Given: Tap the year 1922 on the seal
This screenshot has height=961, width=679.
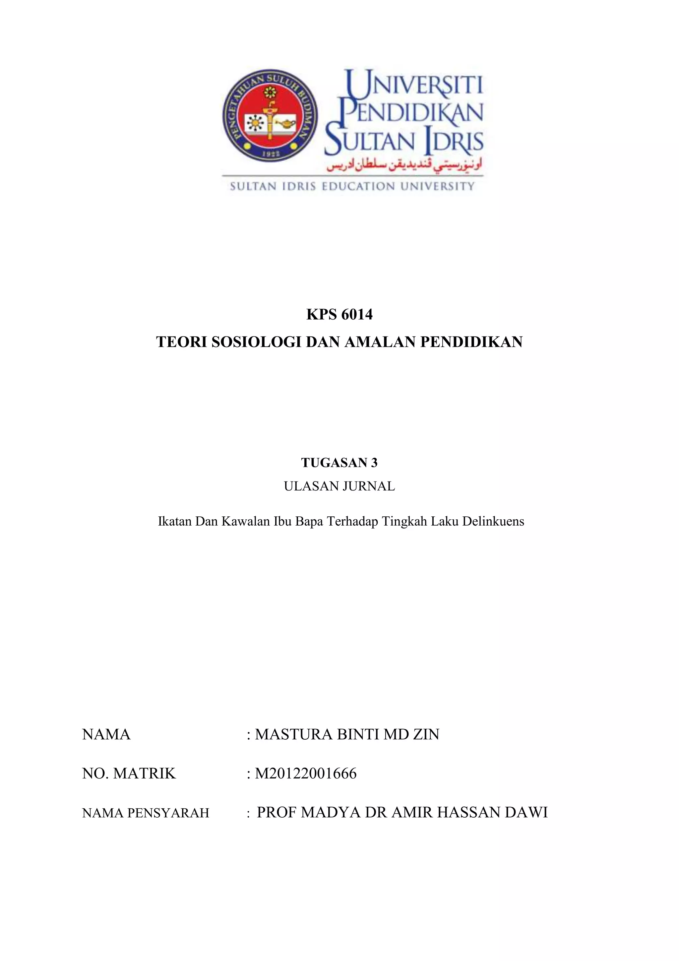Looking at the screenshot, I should [x=270, y=153].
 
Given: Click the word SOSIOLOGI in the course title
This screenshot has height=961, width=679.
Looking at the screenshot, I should [x=256, y=342].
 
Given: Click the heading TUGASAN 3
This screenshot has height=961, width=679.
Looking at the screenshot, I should [x=339, y=463].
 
